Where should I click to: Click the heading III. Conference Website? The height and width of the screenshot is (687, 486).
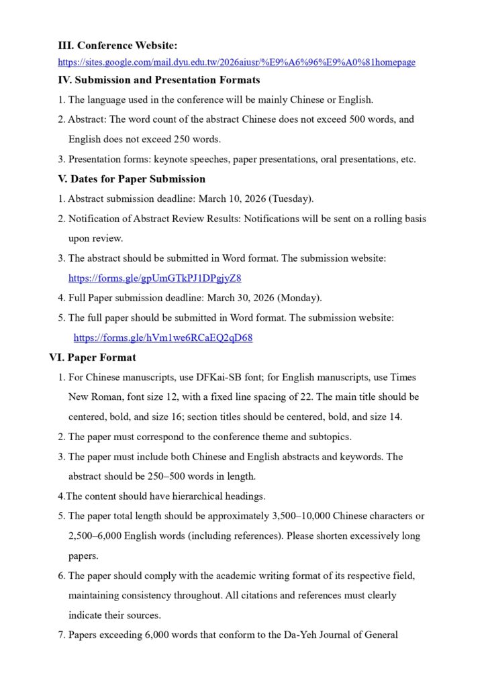click(117, 46)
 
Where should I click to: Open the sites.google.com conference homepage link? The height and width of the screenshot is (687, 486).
click(236, 62)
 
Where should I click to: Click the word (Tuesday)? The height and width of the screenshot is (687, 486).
click(291, 199)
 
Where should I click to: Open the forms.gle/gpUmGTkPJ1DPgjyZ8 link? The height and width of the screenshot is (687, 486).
click(154, 278)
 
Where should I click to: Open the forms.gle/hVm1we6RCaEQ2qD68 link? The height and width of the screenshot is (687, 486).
click(163, 337)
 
